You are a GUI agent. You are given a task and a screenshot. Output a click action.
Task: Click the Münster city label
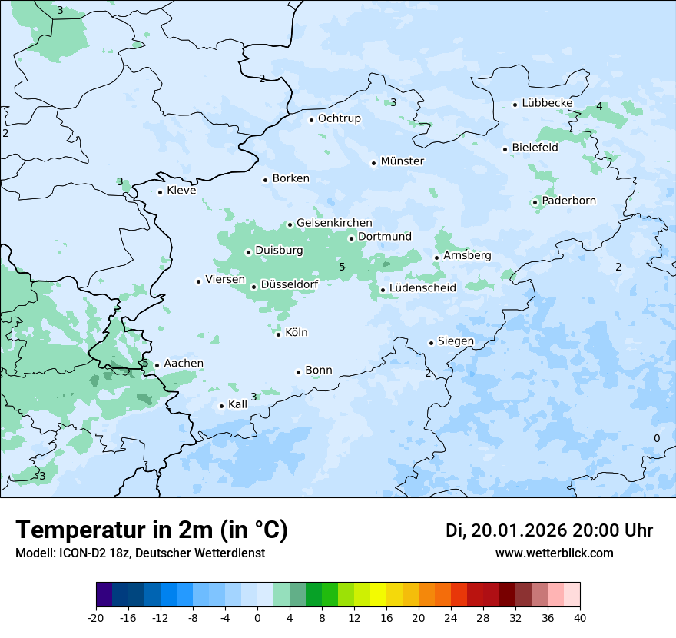[x=402, y=161]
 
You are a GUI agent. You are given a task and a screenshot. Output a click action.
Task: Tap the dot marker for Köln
[x=278, y=334]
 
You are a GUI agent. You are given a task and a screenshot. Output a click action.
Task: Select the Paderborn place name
[x=568, y=201]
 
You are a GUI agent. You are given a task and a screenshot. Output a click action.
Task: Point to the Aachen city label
[x=184, y=364]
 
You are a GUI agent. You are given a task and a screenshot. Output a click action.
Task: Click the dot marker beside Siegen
[x=432, y=343]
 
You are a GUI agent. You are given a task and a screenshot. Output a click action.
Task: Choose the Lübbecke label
[x=547, y=103]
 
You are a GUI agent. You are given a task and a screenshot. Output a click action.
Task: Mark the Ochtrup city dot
[x=311, y=119]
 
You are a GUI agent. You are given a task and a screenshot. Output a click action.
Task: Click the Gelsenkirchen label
[x=334, y=223]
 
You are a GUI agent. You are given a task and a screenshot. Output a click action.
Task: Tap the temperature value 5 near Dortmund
[x=342, y=267]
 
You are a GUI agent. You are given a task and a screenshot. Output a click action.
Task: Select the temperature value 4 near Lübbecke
[x=599, y=106]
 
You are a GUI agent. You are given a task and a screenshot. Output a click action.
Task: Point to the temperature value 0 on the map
[x=656, y=438]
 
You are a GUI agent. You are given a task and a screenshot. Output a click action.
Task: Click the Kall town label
[x=238, y=404]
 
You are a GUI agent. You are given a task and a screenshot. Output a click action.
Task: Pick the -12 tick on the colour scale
[x=161, y=617]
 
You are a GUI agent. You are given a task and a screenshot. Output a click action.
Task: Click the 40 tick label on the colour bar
[x=580, y=617]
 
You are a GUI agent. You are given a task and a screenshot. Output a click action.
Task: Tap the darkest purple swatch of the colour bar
[x=104, y=595]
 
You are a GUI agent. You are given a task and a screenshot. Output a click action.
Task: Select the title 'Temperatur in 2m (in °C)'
[x=152, y=530]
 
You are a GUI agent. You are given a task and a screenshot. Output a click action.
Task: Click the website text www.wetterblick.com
[x=554, y=553]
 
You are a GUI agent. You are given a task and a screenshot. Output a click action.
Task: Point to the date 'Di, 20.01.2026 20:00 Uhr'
[x=549, y=530]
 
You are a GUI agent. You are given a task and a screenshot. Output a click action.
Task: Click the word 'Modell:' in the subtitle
[x=35, y=553]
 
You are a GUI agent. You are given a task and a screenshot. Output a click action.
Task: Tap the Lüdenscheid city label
[x=422, y=288]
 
